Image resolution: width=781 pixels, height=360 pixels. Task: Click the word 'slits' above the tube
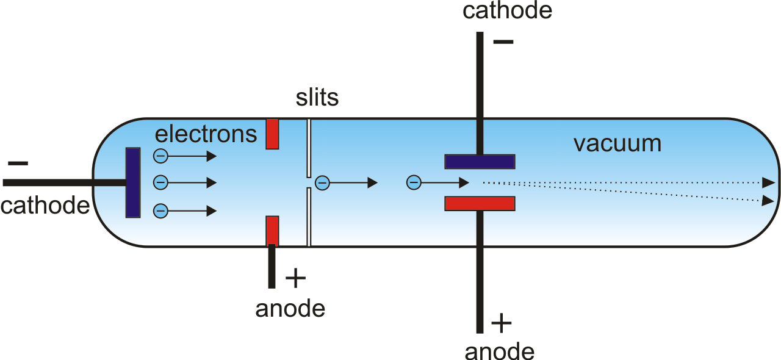pos(317,98)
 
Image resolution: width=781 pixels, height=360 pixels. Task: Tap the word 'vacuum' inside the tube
pos(617,144)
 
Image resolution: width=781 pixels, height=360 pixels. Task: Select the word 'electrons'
pos(206,134)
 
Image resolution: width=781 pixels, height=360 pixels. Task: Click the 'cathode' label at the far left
pos(45,205)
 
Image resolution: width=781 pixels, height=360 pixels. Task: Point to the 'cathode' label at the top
pos(507,10)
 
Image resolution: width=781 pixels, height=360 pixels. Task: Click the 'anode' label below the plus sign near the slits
pos(290,309)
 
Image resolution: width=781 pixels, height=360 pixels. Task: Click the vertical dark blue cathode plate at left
pos(133,183)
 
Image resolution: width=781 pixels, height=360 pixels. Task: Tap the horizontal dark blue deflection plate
pos(480,162)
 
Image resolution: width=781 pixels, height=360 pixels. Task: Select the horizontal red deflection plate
pos(480,204)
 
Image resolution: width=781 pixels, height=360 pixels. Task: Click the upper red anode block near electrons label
pos(272,134)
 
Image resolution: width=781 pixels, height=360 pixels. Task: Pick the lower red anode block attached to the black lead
pos(272,231)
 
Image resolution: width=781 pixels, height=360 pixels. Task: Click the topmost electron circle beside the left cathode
pos(160,156)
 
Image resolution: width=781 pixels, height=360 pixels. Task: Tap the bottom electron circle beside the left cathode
pos(160,211)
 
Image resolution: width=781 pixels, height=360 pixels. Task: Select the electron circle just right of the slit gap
pos(322,183)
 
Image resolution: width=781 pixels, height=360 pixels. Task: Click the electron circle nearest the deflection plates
pos(414,182)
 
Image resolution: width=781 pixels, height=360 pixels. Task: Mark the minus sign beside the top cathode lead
pos(503,42)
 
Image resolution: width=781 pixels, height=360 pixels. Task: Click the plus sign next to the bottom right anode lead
pos(502,323)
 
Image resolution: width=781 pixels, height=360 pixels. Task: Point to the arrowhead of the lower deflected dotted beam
pos(768,201)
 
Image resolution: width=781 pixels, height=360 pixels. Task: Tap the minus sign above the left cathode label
pos(18,164)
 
